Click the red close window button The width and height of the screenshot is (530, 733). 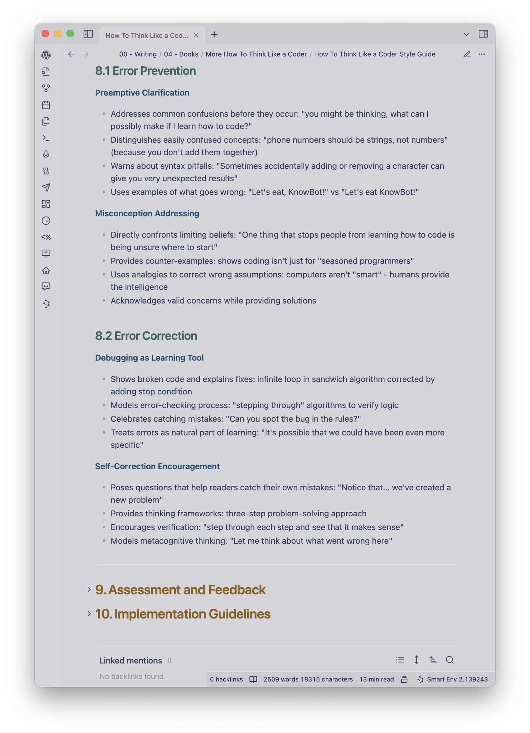[x=45, y=34]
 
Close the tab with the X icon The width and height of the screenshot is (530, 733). [x=196, y=35]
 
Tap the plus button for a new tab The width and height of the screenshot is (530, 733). [x=214, y=34]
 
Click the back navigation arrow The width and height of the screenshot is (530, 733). [x=71, y=54]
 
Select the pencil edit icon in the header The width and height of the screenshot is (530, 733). [x=467, y=54]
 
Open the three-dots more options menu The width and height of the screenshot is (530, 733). [x=482, y=54]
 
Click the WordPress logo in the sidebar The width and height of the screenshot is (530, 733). [x=46, y=55]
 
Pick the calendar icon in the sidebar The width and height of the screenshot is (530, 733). [x=46, y=105]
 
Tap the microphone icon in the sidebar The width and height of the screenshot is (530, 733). [x=46, y=155]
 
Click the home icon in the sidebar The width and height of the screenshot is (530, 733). [x=46, y=270]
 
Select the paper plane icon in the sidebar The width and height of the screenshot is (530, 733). [x=46, y=187]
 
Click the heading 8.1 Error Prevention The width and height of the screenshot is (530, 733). [x=145, y=71]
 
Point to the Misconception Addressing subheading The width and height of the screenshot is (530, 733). [x=147, y=213]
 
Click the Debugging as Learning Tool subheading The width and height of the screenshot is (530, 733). [x=149, y=358]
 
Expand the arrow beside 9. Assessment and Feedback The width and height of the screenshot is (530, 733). [x=89, y=590]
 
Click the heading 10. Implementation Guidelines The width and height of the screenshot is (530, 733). [x=182, y=614]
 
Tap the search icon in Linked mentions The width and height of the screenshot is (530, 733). [x=450, y=660]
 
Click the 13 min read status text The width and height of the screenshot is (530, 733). [x=376, y=679]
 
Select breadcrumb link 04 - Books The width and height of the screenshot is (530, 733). [x=181, y=54]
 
